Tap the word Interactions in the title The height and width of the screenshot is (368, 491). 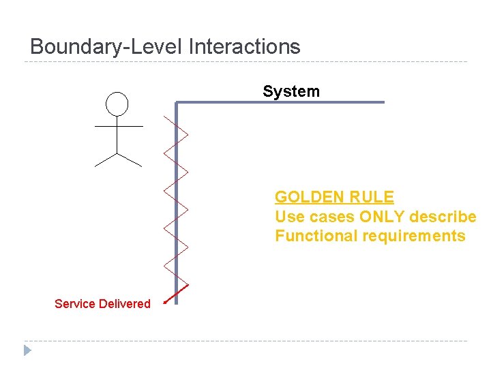(243, 47)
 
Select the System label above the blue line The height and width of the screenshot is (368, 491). (291, 91)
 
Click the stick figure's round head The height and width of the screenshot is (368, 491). (117, 104)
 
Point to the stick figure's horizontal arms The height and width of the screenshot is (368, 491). (118, 126)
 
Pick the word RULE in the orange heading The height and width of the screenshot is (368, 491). (372, 198)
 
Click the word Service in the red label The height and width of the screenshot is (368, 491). (75, 304)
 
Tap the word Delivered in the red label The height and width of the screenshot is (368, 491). (125, 304)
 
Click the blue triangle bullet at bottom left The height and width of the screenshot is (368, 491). (27, 351)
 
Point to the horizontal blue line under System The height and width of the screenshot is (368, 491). (280, 102)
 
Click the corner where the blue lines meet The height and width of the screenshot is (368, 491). (176, 103)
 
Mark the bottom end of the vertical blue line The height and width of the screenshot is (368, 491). (176, 301)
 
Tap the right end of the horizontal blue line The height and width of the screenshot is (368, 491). (383, 102)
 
